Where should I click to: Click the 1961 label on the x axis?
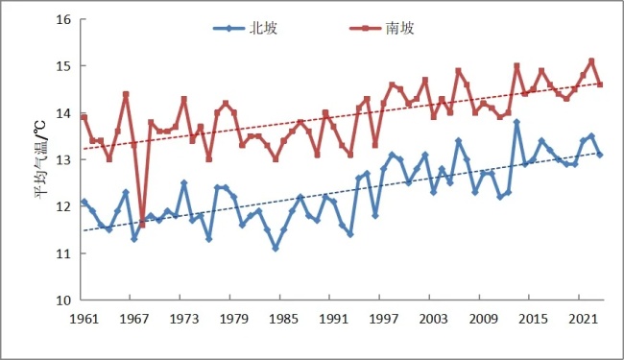coord(84,318)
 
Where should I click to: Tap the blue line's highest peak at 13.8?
coord(516,122)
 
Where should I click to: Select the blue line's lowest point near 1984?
coord(276,249)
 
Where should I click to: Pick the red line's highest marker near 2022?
coord(591,60)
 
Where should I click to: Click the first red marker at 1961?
coord(84,117)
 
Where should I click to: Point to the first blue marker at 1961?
coord(84,202)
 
